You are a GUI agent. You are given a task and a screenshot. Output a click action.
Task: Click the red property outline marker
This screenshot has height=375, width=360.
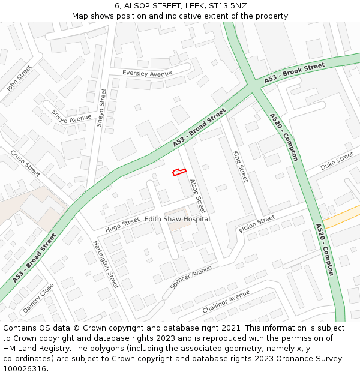pyautogui.click(x=179, y=172)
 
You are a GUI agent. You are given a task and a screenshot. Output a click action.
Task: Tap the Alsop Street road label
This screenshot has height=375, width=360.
pyautogui.click(x=197, y=197)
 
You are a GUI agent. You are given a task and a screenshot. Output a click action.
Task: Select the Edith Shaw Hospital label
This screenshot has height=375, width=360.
pyautogui.click(x=177, y=219)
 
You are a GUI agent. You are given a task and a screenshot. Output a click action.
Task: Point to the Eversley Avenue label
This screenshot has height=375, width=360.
pyautogui.click(x=147, y=73)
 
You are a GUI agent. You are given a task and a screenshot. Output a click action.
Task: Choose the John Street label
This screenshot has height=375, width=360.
pyautogui.click(x=19, y=78)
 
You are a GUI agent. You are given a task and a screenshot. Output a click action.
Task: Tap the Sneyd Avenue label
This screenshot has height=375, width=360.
pyautogui.click(x=71, y=116)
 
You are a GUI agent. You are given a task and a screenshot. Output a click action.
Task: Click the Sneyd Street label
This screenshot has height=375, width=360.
pyautogui.click(x=101, y=108)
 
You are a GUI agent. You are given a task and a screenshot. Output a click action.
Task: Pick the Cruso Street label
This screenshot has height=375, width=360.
pyautogui.click(x=25, y=163)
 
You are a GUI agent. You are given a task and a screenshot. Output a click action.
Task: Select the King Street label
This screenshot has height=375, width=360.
pyautogui.click(x=240, y=166)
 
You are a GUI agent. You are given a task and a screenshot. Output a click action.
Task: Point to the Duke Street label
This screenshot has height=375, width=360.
pyautogui.click(x=337, y=160)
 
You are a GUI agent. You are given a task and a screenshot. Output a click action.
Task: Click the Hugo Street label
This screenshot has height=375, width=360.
pyautogui.click(x=122, y=225)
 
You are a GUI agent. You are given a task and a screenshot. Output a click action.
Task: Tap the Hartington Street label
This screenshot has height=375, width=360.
pyautogui.click(x=106, y=264)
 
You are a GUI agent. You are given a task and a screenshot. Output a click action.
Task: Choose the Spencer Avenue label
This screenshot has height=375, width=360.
pyautogui.click(x=191, y=277)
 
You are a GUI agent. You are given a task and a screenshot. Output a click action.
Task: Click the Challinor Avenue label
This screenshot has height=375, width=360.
pyautogui.click(x=226, y=301)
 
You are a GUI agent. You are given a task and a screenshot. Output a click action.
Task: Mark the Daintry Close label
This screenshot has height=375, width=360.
pyautogui.click(x=38, y=298)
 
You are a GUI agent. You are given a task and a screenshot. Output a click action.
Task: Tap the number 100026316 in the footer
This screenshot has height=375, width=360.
pyautogui.click(x=26, y=368)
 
